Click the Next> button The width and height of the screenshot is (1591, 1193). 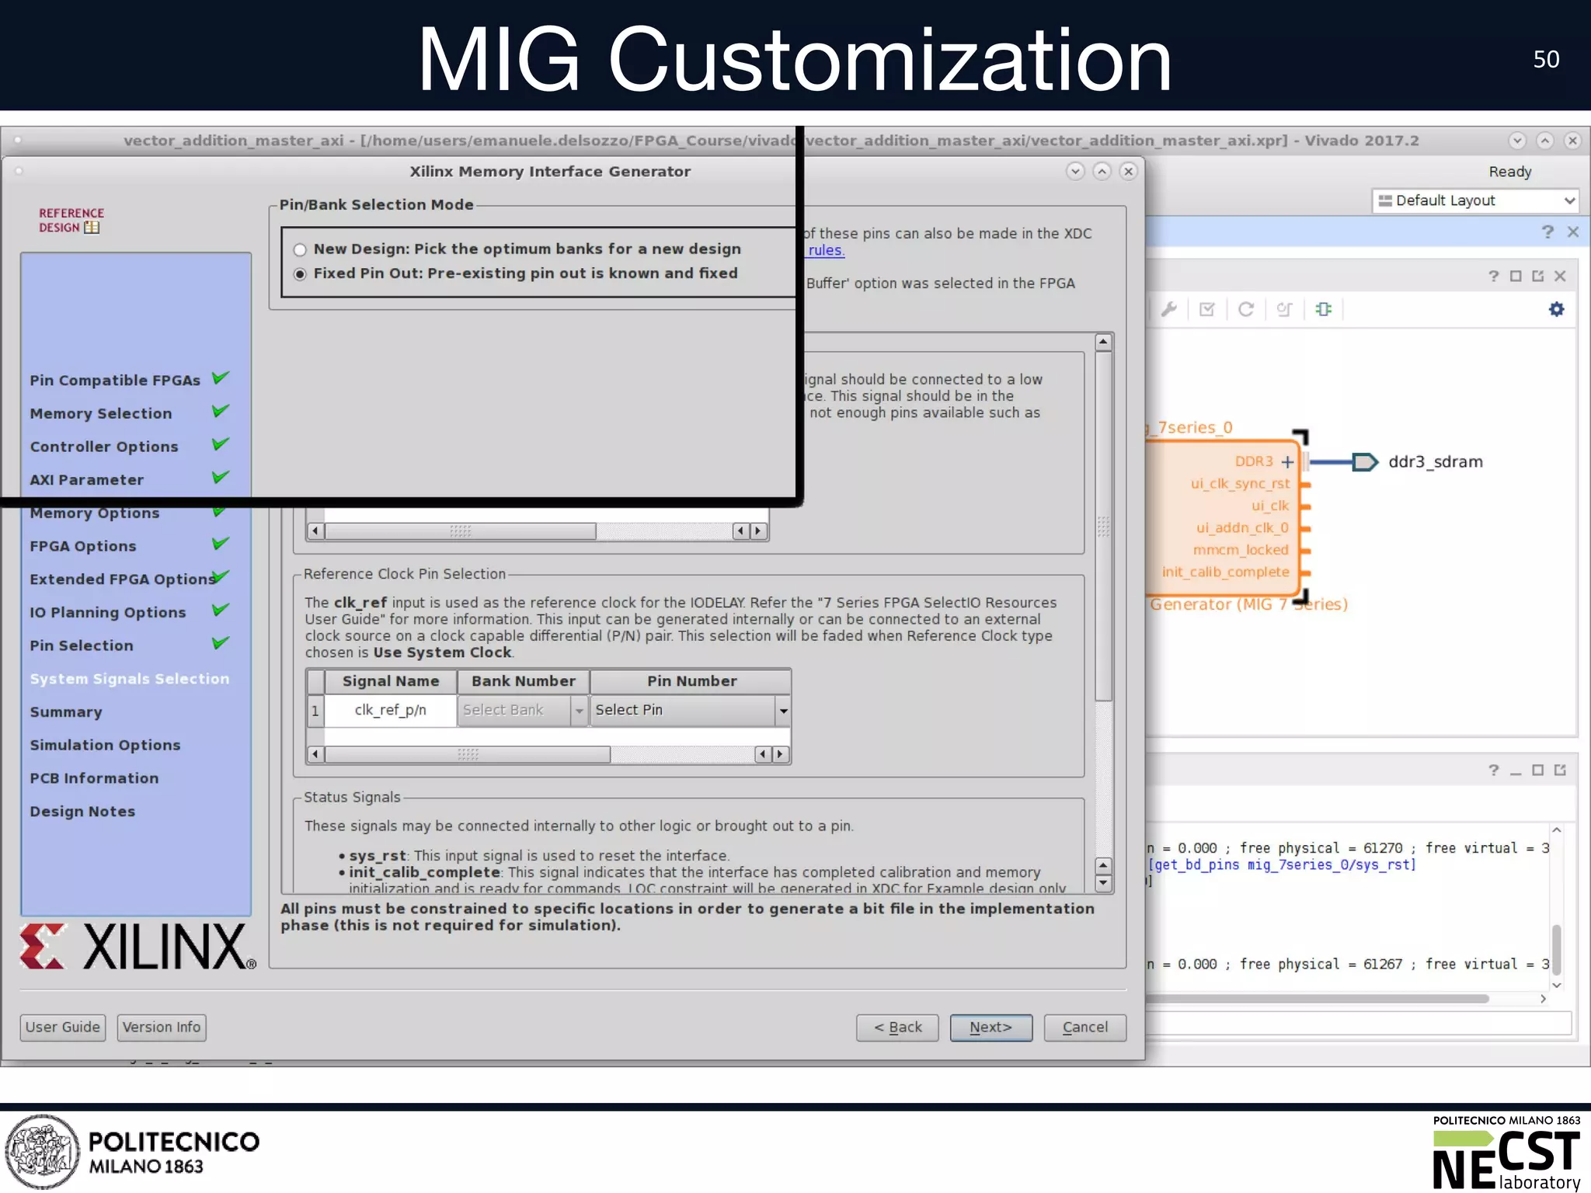[990, 1028]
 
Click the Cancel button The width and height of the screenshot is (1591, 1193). [1084, 1028]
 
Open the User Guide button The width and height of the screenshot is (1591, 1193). [63, 1028]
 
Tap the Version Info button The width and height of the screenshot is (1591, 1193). [162, 1028]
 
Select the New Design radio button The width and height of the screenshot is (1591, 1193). [300, 250]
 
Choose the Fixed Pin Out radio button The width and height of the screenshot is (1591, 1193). [300, 274]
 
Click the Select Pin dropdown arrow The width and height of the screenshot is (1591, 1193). [783, 711]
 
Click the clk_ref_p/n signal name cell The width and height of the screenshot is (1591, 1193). [390, 711]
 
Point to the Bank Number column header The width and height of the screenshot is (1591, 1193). [523, 681]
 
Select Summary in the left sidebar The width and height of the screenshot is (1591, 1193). [66, 712]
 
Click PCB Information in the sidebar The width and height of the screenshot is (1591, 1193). [94, 778]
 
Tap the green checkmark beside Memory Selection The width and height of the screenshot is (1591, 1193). [221, 411]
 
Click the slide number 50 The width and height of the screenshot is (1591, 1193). [1546, 60]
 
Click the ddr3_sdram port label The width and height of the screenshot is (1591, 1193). [1435, 462]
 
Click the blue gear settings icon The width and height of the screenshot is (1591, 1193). [1556, 309]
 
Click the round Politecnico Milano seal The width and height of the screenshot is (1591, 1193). [42, 1152]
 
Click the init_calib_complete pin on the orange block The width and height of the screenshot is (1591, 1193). [1226, 572]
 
